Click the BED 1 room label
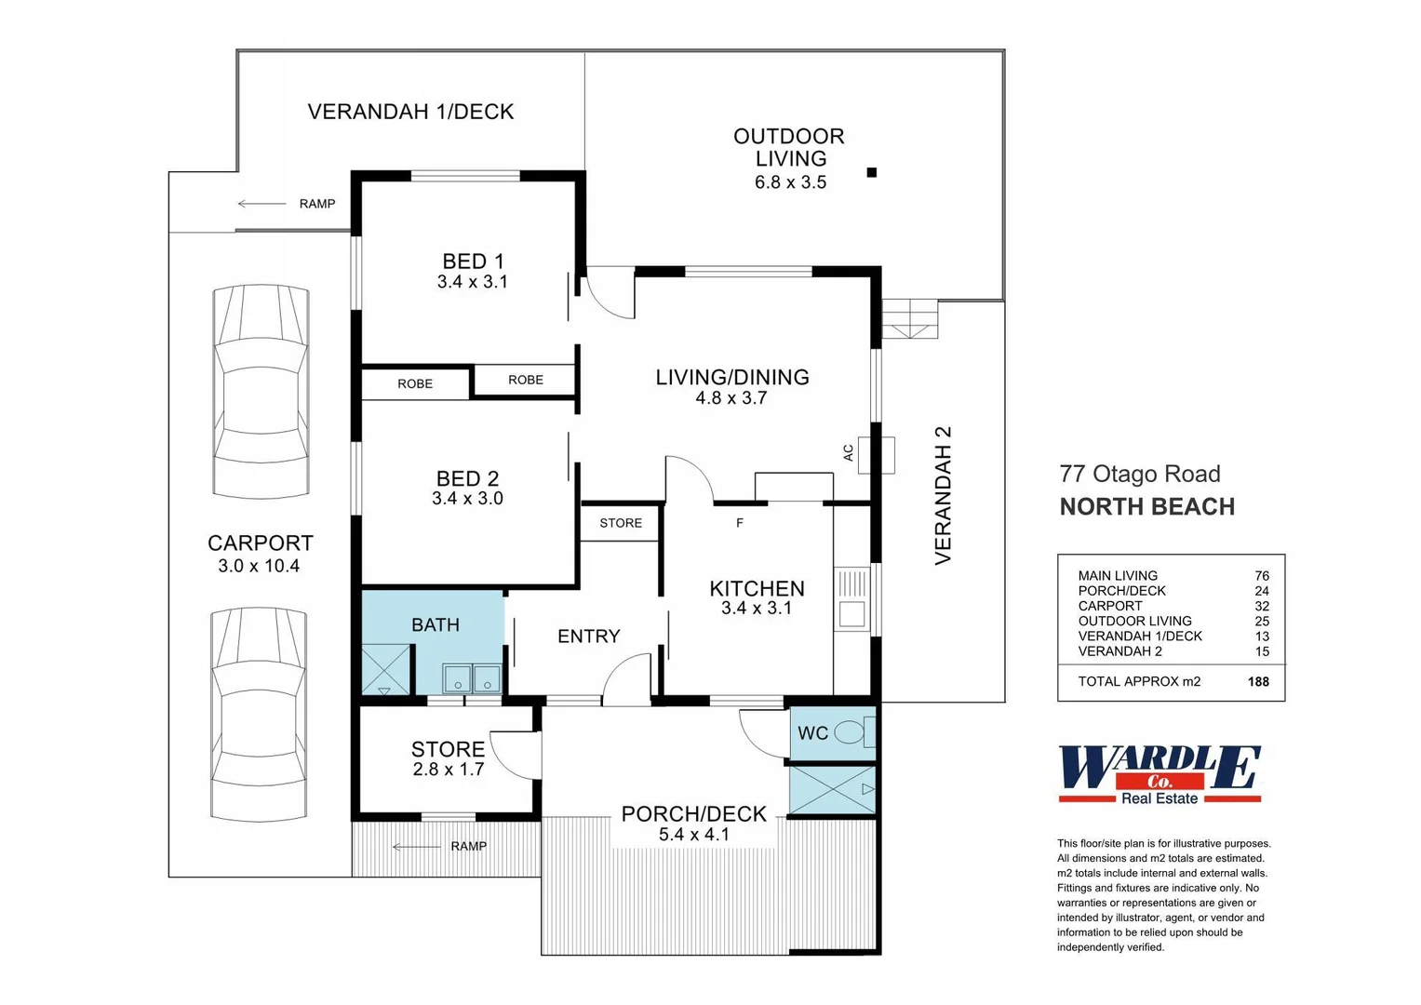coord(473,261)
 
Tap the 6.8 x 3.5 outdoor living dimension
coord(790,182)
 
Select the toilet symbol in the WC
coord(854,733)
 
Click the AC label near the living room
coord(848,453)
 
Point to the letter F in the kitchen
coord(739,523)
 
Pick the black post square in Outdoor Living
coord(872,172)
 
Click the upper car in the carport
coord(261,392)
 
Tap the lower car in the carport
coord(260,715)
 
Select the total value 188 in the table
coord(1258,681)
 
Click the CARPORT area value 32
coord(1262,606)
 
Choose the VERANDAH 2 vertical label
coord(944,495)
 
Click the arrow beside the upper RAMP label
coord(261,204)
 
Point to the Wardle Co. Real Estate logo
coord(1160,774)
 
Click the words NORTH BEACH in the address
coord(1147,507)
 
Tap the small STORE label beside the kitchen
coord(621,523)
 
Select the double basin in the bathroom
coord(472,678)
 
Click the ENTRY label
coord(589,636)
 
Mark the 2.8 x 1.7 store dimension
coord(449,770)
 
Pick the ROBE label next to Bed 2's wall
coord(415,383)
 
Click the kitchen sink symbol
coord(851,599)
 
